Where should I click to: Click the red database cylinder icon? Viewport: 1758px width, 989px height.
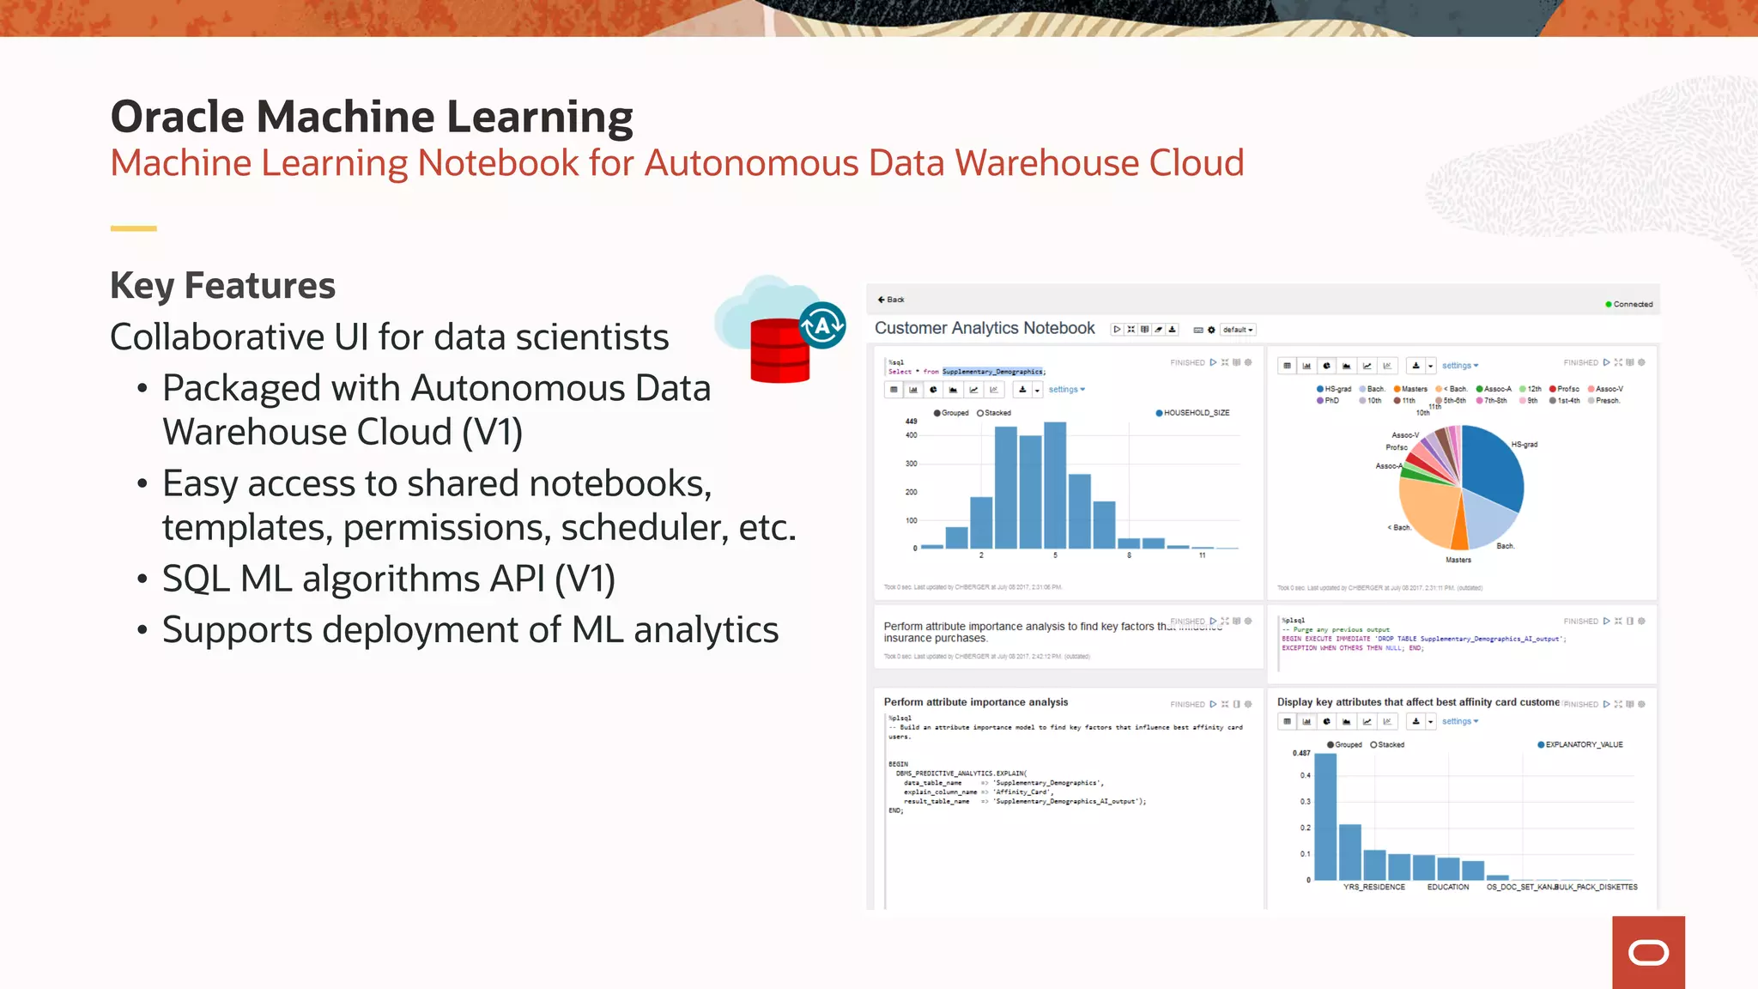(x=779, y=350)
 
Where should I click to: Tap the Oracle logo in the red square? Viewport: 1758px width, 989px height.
(x=1648, y=952)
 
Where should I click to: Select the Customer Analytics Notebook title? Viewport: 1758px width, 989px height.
(x=985, y=328)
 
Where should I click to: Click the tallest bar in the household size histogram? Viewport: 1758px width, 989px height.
(x=1055, y=484)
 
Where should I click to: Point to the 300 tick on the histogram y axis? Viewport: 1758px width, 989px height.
(x=911, y=464)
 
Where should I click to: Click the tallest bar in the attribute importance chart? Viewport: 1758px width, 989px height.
(x=1325, y=816)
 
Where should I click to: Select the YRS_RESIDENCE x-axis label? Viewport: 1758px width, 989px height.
(x=1373, y=887)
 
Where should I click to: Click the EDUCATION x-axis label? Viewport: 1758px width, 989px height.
(x=1448, y=887)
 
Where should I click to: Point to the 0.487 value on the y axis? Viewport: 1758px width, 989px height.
(x=1301, y=753)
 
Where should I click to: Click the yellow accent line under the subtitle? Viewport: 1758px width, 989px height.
(x=133, y=228)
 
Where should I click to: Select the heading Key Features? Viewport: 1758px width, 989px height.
(x=222, y=286)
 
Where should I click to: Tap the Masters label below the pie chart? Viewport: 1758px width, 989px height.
(x=1458, y=560)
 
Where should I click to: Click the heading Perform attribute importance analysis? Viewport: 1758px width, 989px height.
(x=976, y=702)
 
